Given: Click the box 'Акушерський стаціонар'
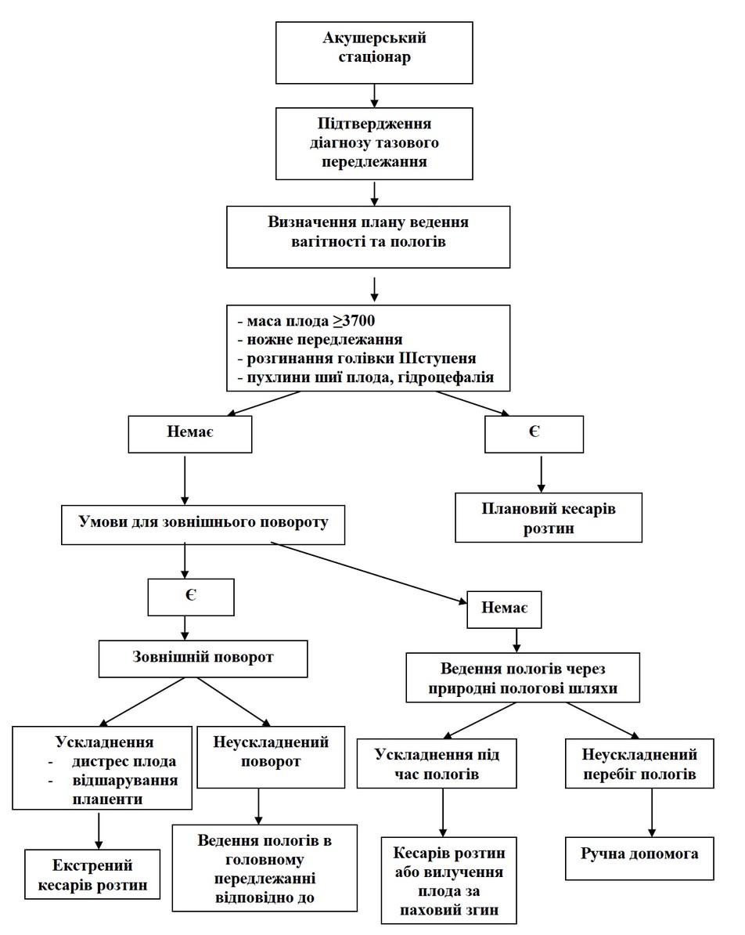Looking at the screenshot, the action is (x=374, y=52).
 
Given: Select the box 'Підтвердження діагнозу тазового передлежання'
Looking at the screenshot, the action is (x=374, y=143).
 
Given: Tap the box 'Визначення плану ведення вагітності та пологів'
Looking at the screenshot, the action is (x=369, y=236).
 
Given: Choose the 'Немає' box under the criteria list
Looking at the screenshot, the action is (x=190, y=434).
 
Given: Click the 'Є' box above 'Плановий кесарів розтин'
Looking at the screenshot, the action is (x=534, y=434).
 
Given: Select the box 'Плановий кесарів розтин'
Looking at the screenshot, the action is (x=549, y=518).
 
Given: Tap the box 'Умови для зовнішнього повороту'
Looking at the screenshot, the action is (x=203, y=525).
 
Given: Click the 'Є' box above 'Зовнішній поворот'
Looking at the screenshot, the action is (x=191, y=597).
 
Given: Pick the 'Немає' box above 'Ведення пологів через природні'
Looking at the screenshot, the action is (x=504, y=609).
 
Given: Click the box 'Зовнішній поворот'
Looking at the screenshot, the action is (x=203, y=659).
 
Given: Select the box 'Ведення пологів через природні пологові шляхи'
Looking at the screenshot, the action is (x=523, y=677).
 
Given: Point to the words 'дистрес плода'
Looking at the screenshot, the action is (x=124, y=761).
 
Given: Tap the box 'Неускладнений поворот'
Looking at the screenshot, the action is (x=272, y=756).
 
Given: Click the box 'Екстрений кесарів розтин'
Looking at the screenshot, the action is (x=92, y=874).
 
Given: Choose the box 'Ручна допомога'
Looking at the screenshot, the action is (x=639, y=858).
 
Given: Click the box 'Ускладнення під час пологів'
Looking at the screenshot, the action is (x=437, y=764).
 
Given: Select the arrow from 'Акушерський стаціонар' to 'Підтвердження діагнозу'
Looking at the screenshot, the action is (x=374, y=96).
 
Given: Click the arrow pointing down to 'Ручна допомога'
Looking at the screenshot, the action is (x=652, y=813).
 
